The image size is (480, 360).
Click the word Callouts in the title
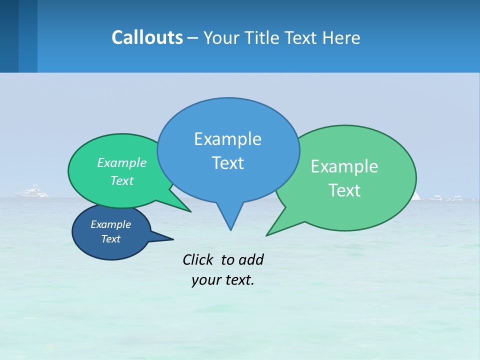(x=147, y=37)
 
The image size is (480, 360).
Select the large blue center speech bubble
(x=228, y=125)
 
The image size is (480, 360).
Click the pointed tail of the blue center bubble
(x=230, y=220)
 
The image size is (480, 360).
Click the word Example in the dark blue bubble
(x=110, y=224)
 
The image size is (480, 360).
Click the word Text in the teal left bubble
(x=122, y=181)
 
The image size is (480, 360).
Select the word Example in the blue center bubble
(x=227, y=139)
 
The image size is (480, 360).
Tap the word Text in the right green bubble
(x=345, y=190)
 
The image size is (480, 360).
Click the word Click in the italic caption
(x=198, y=259)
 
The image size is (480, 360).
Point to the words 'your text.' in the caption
(x=222, y=280)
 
